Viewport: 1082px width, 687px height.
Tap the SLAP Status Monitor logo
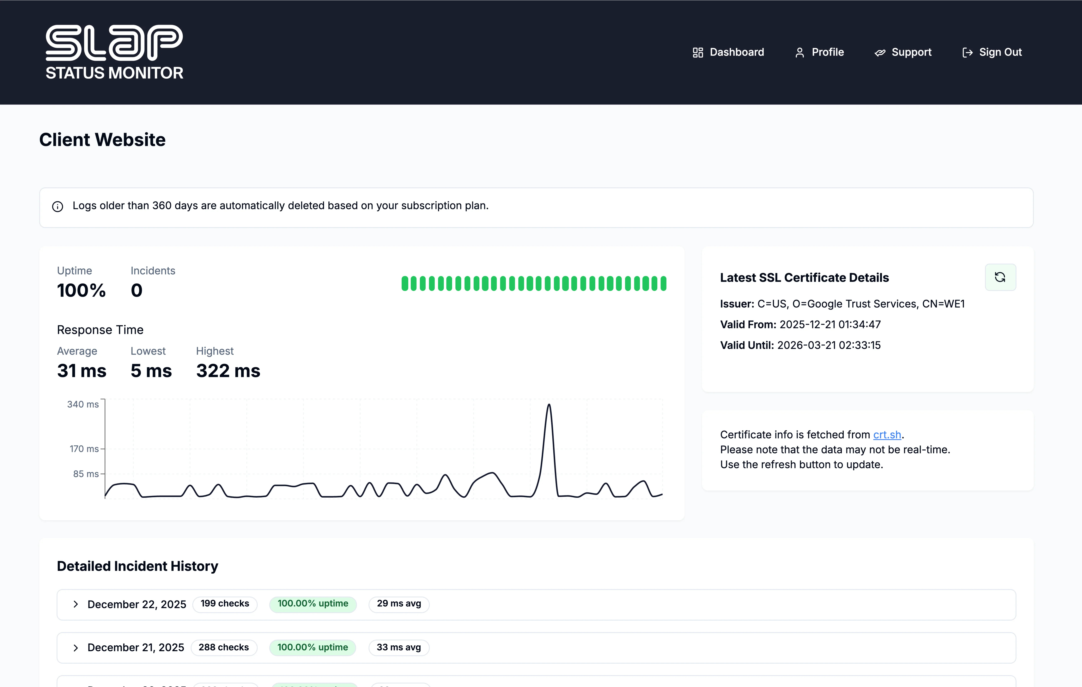point(114,52)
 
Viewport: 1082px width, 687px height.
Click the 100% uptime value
point(81,290)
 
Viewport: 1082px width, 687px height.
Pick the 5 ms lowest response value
point(151,371)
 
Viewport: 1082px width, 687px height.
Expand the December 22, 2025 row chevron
point(75,604)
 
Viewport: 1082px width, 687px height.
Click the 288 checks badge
point(224,647)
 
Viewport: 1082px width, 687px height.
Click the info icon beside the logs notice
point(57,206)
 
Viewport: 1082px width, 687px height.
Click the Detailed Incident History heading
point(138,566)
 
